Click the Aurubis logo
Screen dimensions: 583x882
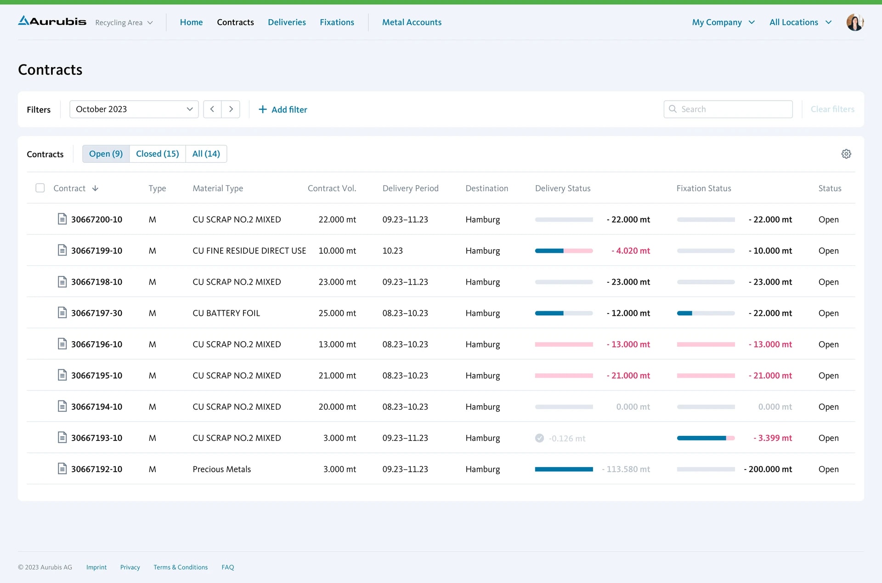pos(52,21)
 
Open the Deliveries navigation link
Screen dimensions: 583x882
pos(287,22)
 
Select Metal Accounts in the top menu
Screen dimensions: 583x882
pos(412,22)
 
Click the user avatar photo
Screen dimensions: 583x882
pos(854,22)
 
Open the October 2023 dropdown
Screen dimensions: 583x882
pos(134,109)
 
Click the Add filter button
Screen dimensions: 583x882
pos(283,109)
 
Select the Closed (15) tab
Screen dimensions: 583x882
pos(157,154)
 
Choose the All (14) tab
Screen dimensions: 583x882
pos(206,154)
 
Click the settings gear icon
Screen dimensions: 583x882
pos(846,154)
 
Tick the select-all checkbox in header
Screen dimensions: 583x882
pos(40,188)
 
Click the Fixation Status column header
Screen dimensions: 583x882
pos(703,189)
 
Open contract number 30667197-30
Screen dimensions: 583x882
pos(96,313)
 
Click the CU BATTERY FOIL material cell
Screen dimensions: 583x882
pos(226,313)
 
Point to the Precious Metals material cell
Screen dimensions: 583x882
pos(221,469)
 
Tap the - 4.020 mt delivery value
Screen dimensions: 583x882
pos(630,251)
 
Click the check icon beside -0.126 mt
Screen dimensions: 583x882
pos(539,438)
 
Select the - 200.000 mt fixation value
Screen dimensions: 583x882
pos(768,469)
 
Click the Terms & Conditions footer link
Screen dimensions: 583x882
pos(181,567)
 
